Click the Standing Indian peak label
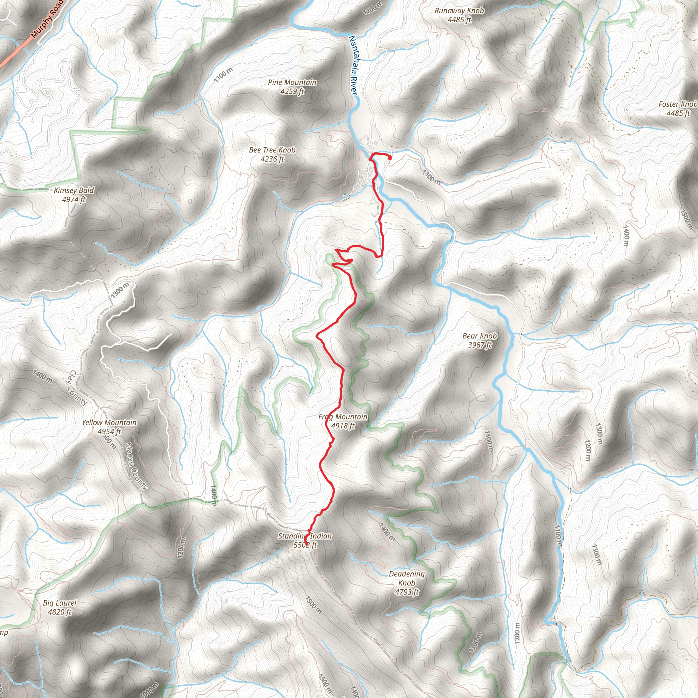click(305, 536)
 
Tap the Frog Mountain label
click(343, 417)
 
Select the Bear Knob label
click(480, 336)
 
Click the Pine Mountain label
click(292, 82)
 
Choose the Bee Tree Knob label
click(272, 150)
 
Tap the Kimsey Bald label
click(74, 191)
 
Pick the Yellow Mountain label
click(109, 422)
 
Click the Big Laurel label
click(60, 603)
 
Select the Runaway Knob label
click(459, 11)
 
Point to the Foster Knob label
click(678, 104)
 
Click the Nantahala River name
click(353, 65)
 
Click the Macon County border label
click(136, 466)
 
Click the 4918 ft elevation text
click(343, 426)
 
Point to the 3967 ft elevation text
click(480, 345)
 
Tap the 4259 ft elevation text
click(292, 91)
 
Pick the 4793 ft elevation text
click(407, 592)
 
